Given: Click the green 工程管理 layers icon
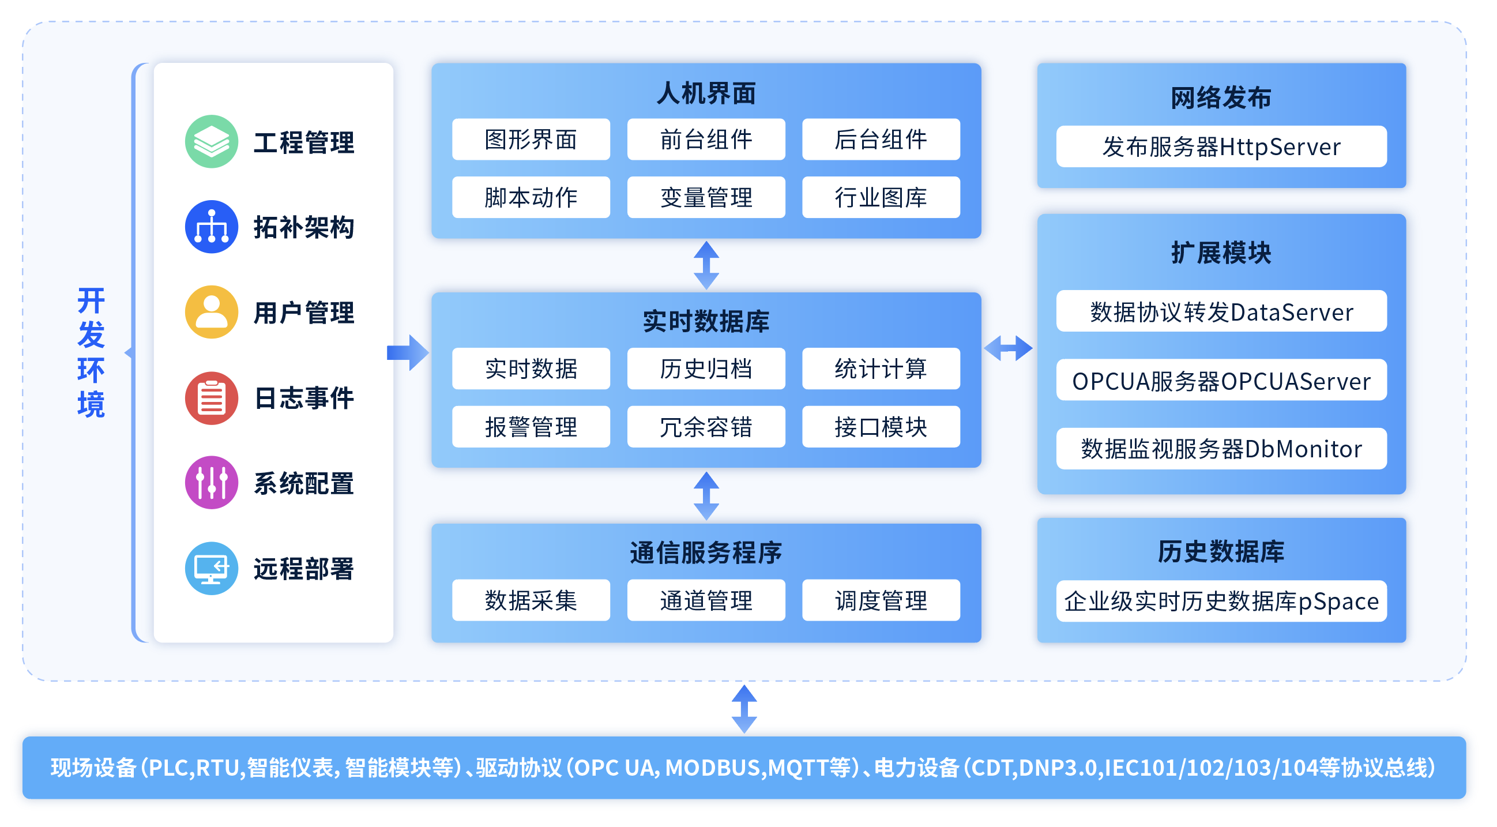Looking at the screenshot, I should tap(212, 142).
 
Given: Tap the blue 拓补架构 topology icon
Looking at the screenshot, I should tap(212, 227).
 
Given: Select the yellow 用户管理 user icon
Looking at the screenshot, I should tap(212, 313).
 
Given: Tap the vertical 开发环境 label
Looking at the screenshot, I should tap(91, 354).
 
